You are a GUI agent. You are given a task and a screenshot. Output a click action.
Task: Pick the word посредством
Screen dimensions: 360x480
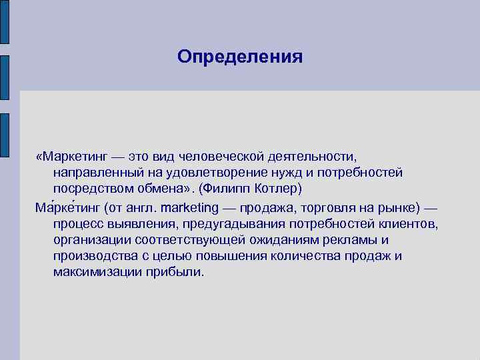(x=91, y=189)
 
